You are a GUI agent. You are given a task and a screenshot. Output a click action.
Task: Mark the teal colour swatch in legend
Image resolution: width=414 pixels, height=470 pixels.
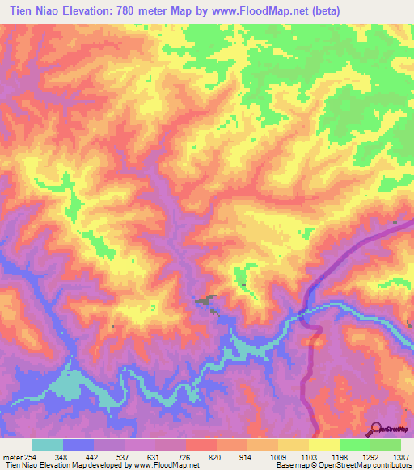point(48,445)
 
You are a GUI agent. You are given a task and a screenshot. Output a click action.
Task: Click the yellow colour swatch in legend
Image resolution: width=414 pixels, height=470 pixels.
point(324,445)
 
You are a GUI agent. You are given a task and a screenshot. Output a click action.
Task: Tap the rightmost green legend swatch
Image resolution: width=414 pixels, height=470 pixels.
point(386,445)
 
